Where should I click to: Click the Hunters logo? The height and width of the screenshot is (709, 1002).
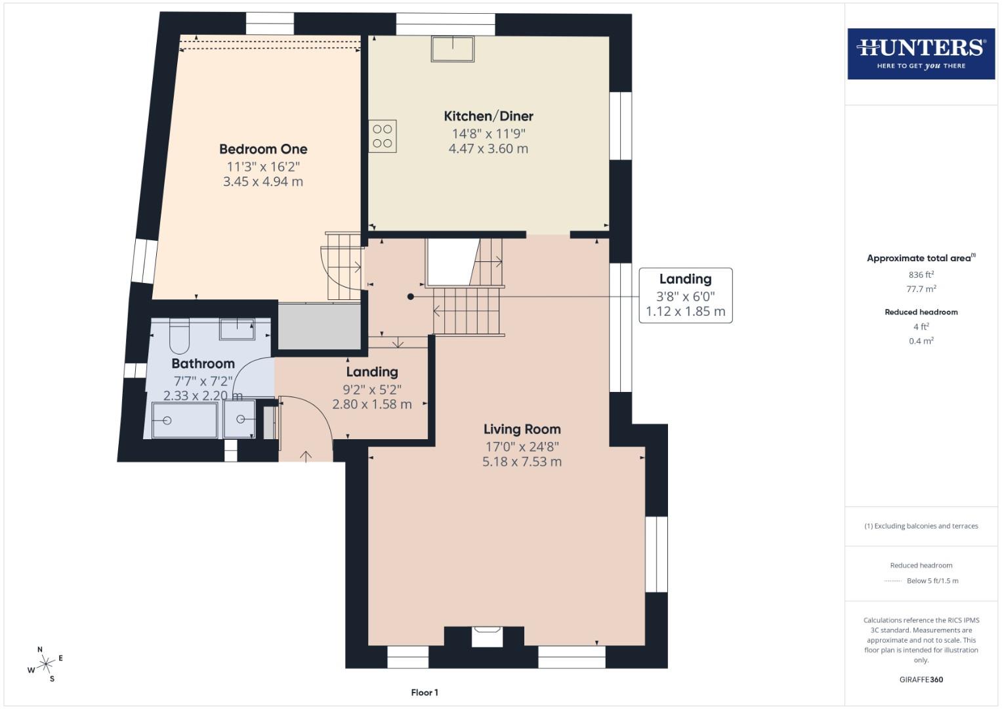click(x=921, y=54)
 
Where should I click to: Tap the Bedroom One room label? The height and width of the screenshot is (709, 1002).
click(x=263, y=149)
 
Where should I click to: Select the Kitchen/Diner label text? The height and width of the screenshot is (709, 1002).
click(x=488, y=116)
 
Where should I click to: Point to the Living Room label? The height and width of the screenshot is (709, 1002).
click(x=522, y=429)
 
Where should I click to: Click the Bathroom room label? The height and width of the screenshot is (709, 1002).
click(x=203, y=364)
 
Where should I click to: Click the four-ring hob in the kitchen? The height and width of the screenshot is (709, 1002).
click(x=383, y=136)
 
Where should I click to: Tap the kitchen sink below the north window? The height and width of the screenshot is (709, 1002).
click(x=453, y=49)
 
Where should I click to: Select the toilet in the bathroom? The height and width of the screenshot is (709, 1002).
click(x=180, y=335)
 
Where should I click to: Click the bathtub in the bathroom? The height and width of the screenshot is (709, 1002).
click(x=185, y=420)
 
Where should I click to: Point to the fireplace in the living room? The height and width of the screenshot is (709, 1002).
click(x=487, y=636)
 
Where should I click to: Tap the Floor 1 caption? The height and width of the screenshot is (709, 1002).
click(x=425, y=693)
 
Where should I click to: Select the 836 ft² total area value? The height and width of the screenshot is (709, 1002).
click(x=921, y=275)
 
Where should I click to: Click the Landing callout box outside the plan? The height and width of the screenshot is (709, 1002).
click(x=685, y=295)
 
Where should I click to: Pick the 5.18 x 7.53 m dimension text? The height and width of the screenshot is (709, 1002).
click(x=522, y=462)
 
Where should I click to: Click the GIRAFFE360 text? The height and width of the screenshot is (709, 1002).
click(x=921, y=679)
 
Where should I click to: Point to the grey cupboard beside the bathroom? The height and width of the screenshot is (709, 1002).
click(x=320, y=326)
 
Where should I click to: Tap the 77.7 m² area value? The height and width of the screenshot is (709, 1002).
click(x=921, y=289)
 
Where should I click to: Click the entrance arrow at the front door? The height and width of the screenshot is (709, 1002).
click(x=306, y=456)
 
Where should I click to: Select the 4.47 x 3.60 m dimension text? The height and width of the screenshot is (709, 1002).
click(x=488, y=148)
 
